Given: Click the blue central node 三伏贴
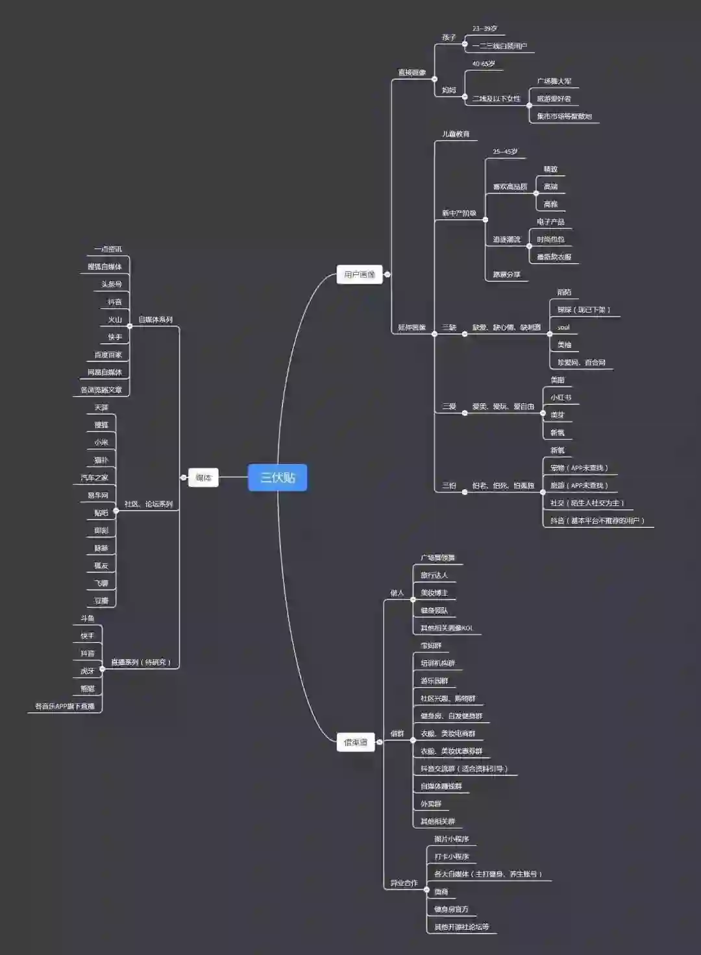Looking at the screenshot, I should point(277,477).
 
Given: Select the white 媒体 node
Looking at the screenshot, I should point(203,477).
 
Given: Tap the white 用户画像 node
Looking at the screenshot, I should point(359,274).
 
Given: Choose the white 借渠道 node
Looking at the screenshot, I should point(356,742).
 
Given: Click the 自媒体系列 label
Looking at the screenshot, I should point(155,320).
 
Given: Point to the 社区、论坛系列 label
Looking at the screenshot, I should point(149,504).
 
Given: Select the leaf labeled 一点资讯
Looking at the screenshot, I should point(108,249).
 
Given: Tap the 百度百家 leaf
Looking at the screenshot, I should point(108,355).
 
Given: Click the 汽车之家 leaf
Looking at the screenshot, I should point(94,477).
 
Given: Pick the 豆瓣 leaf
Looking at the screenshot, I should point(101,601).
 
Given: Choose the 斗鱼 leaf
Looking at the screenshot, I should point(88,618).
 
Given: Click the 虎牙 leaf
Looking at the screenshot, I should point(88,671).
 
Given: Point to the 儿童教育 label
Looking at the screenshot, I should point(456,134).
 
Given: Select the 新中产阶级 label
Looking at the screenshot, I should point(459,213).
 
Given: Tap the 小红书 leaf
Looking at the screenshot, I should point(561,398).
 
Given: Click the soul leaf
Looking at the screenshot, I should point(563,328).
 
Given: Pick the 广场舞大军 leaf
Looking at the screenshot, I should point(554,82).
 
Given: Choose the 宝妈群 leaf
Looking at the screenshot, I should point(431,646).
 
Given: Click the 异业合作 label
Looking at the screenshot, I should point(404,883).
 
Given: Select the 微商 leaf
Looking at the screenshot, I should point(441,892).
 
